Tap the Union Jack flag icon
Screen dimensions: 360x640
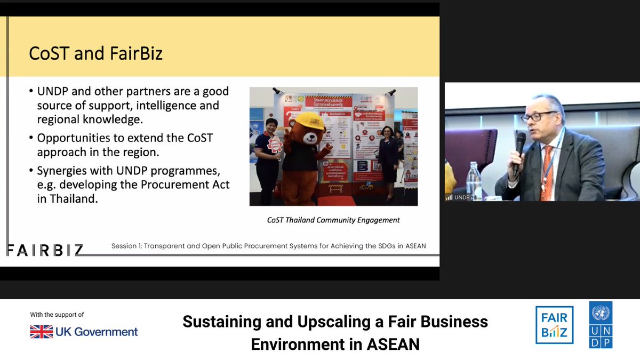click(x=41, y=332)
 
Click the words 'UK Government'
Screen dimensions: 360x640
click(x=97, y=332)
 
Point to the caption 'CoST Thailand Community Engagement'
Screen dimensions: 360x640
click(x=333, y=220)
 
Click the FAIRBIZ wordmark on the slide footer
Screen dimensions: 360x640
click(x=45, y=249)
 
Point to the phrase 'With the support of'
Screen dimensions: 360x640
click(x=57, y=315)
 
